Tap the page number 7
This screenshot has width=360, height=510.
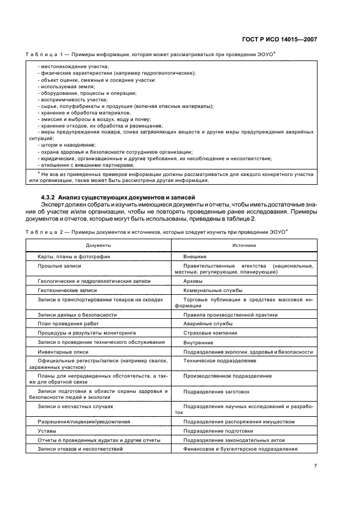point(315,465)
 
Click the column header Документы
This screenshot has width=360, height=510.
point(98,245)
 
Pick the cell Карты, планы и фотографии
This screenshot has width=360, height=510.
point(74,256)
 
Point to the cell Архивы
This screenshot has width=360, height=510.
point(193,281)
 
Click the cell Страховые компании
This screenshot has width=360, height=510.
point(210,333)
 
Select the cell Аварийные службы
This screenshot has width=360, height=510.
point(206,324)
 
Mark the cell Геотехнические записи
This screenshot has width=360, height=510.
point(66,290)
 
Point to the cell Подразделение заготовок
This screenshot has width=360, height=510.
point(216,391)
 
